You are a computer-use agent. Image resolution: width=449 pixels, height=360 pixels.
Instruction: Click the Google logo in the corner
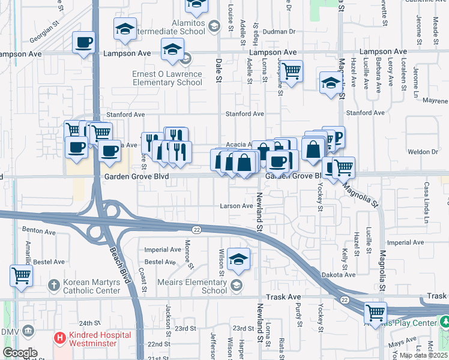20,352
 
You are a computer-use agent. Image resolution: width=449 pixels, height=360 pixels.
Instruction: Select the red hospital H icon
59,337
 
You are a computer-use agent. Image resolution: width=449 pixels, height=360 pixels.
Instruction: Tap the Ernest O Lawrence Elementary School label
167,78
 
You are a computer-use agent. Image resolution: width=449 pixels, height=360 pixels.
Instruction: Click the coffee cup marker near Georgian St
83,43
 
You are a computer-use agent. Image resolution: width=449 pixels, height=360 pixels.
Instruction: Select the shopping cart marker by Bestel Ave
21,276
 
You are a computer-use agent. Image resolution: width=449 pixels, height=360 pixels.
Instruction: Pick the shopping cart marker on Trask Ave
375,313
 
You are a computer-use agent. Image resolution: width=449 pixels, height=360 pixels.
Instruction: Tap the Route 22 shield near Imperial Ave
196,230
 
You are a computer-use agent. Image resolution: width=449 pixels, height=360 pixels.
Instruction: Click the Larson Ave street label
236,206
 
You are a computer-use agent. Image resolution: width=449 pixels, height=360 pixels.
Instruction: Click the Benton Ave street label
38,230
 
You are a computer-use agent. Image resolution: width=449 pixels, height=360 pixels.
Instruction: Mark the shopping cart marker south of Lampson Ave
291,73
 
